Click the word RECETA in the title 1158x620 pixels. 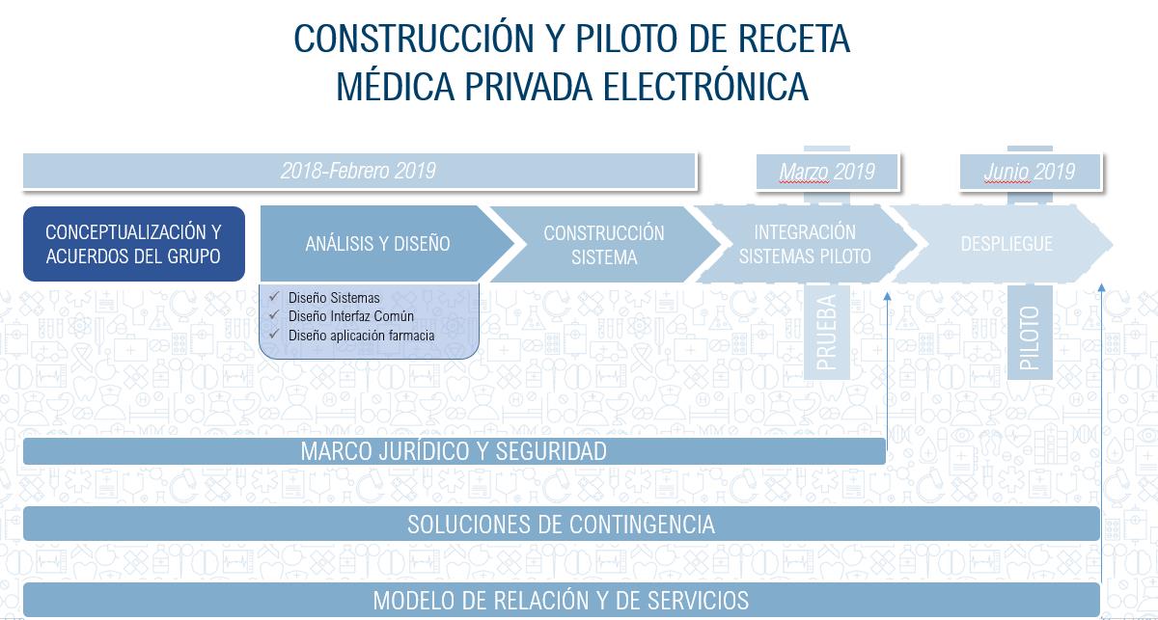pos(794,39)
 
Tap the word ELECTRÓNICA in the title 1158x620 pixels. pos(705,86)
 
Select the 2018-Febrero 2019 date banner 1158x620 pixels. pos(359,171)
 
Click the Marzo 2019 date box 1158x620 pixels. pos(827,172)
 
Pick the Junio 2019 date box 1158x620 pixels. pos(1031,172)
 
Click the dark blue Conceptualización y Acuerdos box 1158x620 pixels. pos(134,244)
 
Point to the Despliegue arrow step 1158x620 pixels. pos(1003,244)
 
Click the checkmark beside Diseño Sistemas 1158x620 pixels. pos(274,297)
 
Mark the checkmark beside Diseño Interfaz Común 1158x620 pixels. pos(274,315)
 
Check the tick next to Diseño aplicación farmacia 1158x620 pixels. pos(274,335)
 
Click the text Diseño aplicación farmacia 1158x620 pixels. pos(361,336)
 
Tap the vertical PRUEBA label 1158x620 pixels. pos(826,333)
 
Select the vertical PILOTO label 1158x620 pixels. pos(1030,337)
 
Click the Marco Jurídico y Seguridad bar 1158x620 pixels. pos(455,451)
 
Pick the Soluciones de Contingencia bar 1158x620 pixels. pos(562,524)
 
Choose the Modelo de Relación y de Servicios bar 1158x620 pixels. pos(562,600)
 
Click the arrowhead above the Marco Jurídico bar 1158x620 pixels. pos(888,297)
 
